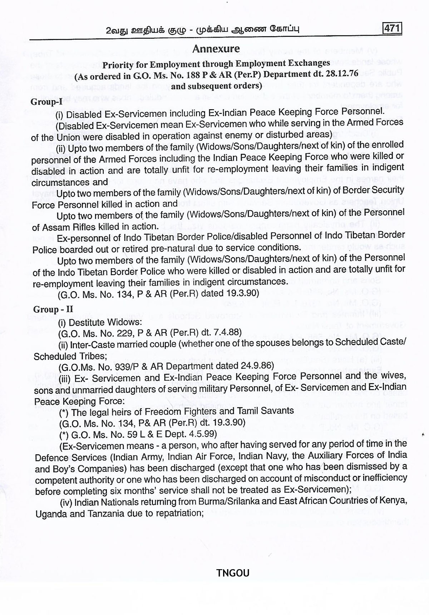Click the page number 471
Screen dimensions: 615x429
tap(392, 28)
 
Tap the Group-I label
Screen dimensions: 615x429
tap(46, 101)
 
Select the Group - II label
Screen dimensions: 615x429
tap(53, 309)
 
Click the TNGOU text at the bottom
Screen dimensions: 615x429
tap(233, 573)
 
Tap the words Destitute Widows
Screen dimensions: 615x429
tap(104, 322)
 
